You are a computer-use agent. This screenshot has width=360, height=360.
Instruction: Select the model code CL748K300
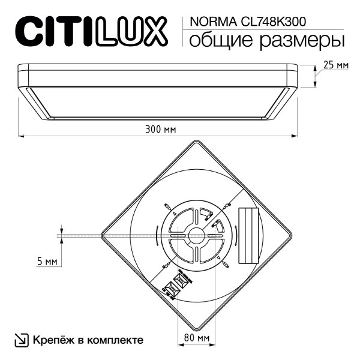[x=272, y=22]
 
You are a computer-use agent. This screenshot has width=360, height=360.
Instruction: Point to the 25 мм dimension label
[x=335, y=65]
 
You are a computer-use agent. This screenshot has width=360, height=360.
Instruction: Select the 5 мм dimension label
[x=47, y=262]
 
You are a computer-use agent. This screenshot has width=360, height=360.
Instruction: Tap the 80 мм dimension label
[x=196, y=338]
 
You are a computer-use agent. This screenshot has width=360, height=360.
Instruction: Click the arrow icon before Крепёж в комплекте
[x=21, y=340]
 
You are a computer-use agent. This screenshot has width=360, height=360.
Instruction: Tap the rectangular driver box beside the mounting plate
[x=247, y=235]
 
